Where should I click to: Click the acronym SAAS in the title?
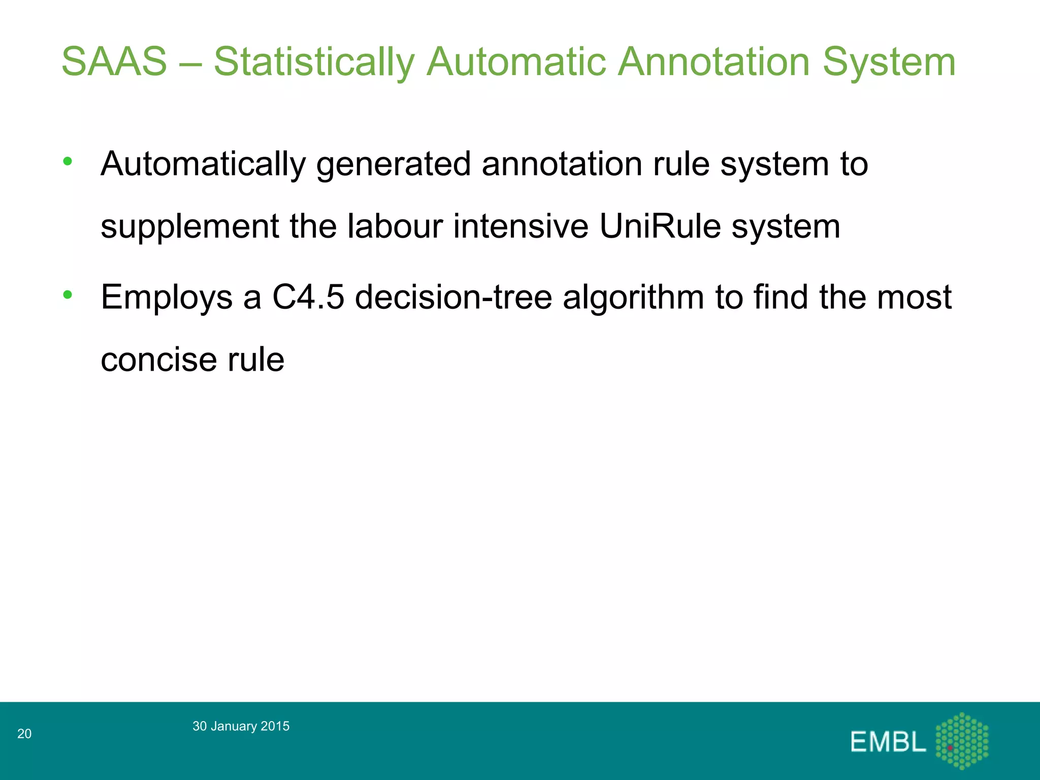click(114, 61)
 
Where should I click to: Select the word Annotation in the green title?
click(714, 61)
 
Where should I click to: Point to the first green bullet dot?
click(68, 161)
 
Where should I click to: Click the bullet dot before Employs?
click(68, 295)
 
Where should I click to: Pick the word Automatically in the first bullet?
click(203, 165)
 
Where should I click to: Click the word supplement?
click(189, 226)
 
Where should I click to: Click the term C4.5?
click(308, 297)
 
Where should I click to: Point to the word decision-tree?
click(453, 297)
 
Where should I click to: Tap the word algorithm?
click(633, 298)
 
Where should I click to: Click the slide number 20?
click(24, 733)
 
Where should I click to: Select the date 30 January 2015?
click(241, 726)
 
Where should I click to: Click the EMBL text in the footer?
click(888, 742)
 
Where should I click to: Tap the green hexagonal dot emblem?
click(962, 740)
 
